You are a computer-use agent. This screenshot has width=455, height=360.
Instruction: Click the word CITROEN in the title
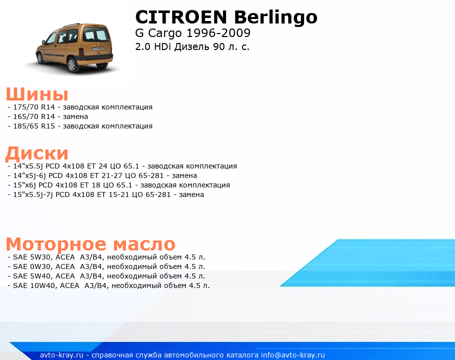[x=181, y=17]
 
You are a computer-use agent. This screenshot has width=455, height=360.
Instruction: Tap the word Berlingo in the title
[x=275, y=17]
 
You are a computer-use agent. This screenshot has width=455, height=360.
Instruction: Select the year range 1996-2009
[x=218, y=33]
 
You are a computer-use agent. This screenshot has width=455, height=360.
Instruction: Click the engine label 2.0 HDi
[x=153, y=46]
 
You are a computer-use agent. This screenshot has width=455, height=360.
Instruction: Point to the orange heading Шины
[x=37, y=94]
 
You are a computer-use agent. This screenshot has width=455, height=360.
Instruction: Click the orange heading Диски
[x=37, y=153]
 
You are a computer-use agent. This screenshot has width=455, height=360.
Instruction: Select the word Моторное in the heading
[x=56, y=244]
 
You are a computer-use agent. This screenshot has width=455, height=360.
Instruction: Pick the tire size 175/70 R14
[x=34, y=107]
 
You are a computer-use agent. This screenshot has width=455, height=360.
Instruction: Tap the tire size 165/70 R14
[x=34, y=116]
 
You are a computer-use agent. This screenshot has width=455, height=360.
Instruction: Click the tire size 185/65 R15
[x=34, y=126]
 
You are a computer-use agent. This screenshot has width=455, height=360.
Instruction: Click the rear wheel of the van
[x=72, y=64]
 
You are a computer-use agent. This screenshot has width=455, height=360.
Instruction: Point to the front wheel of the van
[x=40, y=58]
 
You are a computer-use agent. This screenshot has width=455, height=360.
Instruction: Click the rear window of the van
[x=96, y=35]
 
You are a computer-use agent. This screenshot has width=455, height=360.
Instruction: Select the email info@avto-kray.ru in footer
[x=293, y=355]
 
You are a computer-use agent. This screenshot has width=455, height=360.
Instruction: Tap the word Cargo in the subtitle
[x=165, y=33]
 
